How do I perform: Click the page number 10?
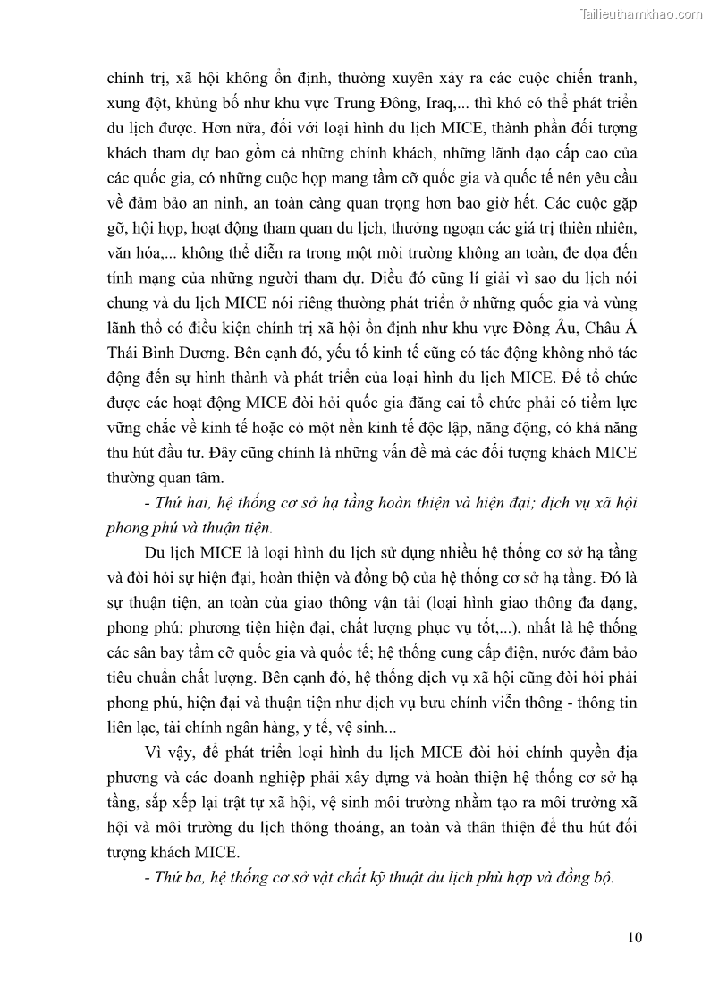pos(635,937)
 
